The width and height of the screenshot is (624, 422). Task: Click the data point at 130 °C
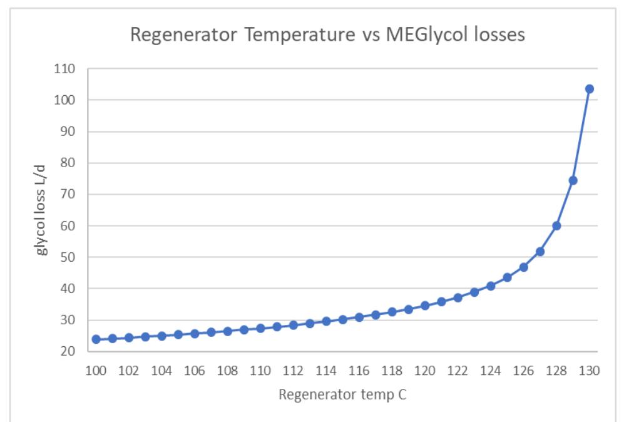589,89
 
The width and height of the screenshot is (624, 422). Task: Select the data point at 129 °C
573,180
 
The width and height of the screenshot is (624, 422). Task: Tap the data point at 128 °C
556,225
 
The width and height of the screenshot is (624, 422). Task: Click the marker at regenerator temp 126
523,267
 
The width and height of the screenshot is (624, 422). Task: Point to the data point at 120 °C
425,306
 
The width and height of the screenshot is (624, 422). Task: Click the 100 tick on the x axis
96,370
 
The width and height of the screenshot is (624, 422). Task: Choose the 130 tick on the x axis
589,370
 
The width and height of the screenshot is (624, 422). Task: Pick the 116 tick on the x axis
359,370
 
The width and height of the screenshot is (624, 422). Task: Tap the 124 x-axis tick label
491,370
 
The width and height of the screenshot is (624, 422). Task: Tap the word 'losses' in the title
498,36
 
